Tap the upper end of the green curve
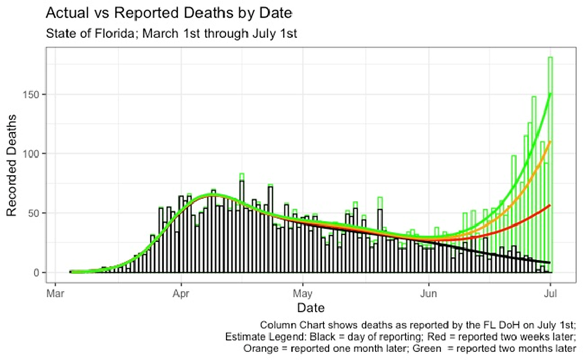pos(550,94)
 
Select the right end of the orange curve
pos(550,142)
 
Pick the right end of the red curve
pos(550,205)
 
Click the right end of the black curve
pos(550,263)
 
